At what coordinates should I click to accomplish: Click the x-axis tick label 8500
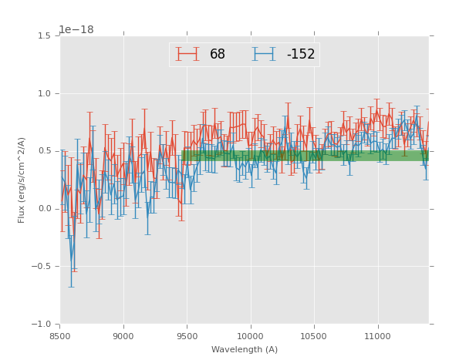pyautogui.click(x=60, y=335)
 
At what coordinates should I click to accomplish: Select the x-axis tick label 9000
pyautogui.click(x=123, y=335)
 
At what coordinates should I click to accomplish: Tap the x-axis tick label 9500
pyautogui.click(x=187, y=335)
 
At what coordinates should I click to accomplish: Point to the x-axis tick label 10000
pyautogui.click(x=250, y=335)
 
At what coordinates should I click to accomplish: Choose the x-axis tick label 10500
pyautogui.click(x=313, y=335)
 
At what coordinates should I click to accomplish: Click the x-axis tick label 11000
pyautogui.click(x=376, y=335)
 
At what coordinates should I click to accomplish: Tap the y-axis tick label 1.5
pyautogui.click(x=45, y=36)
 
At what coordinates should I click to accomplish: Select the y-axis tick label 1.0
pyautogui.click(x=45, y=94)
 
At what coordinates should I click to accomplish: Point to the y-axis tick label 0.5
pyautogui.click(x=45, y=151)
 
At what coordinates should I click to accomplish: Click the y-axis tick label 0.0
pyautogui.click(x=45, y=209)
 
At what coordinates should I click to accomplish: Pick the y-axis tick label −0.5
pyautogui.click(x=42, y=267)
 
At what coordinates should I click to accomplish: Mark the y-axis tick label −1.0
pyautogui.click(x=42, y=325)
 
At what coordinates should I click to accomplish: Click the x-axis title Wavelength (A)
pyautogui.click(x=245, y=349)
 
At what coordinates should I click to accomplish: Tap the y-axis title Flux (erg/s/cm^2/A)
pyautogui.click(x=22, y=180)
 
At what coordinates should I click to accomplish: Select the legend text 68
pyautogui.click(x=218, y=55)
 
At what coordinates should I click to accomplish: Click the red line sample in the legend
pyautogui.click(x=187, y=54)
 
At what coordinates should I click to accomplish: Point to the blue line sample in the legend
pyautogui.click(x=264, y=54)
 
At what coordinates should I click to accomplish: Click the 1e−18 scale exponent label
pyautogui.click(x=76, y=30)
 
